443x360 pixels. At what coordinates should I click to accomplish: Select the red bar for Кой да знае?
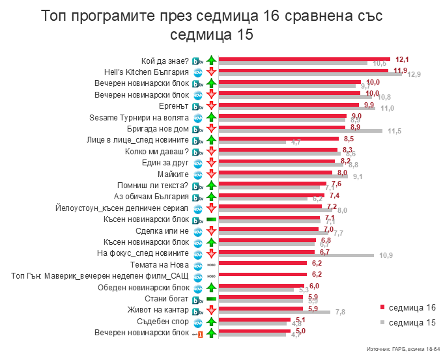[x=304, y=59]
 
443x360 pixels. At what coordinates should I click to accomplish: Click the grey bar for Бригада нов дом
[x=300, y=131]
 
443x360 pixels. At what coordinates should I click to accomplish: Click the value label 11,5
[x=394, y=132]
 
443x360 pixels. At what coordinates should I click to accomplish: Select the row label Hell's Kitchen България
[x=147, y=72]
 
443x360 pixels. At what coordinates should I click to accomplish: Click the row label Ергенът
[x=174, y=105]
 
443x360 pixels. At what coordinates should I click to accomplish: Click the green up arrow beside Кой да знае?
[x=211, y=61]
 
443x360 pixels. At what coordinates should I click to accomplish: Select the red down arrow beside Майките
[x=211, y=174]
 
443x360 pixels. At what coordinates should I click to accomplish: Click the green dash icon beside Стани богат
[x=211, y=299]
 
